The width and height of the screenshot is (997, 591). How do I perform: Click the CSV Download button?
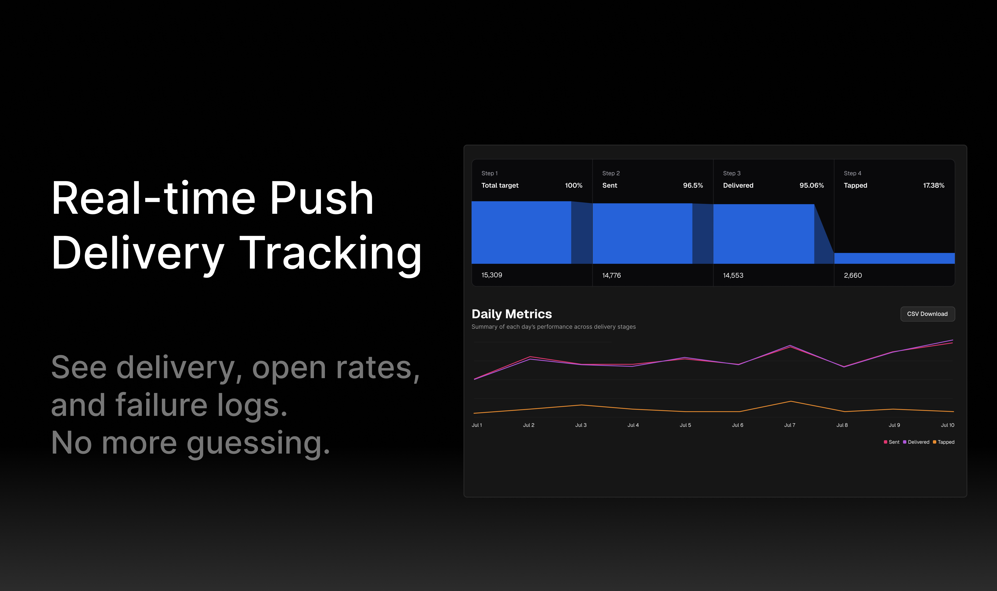point(927,314)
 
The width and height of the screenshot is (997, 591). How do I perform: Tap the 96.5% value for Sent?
point(693,185)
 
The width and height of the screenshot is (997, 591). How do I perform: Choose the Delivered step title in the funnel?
point(738,185)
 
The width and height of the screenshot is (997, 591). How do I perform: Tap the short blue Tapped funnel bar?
point(894,258)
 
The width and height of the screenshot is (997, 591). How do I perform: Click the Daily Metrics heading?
point(512,314)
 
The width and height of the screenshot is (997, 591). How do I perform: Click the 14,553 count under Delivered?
point(733,275)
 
